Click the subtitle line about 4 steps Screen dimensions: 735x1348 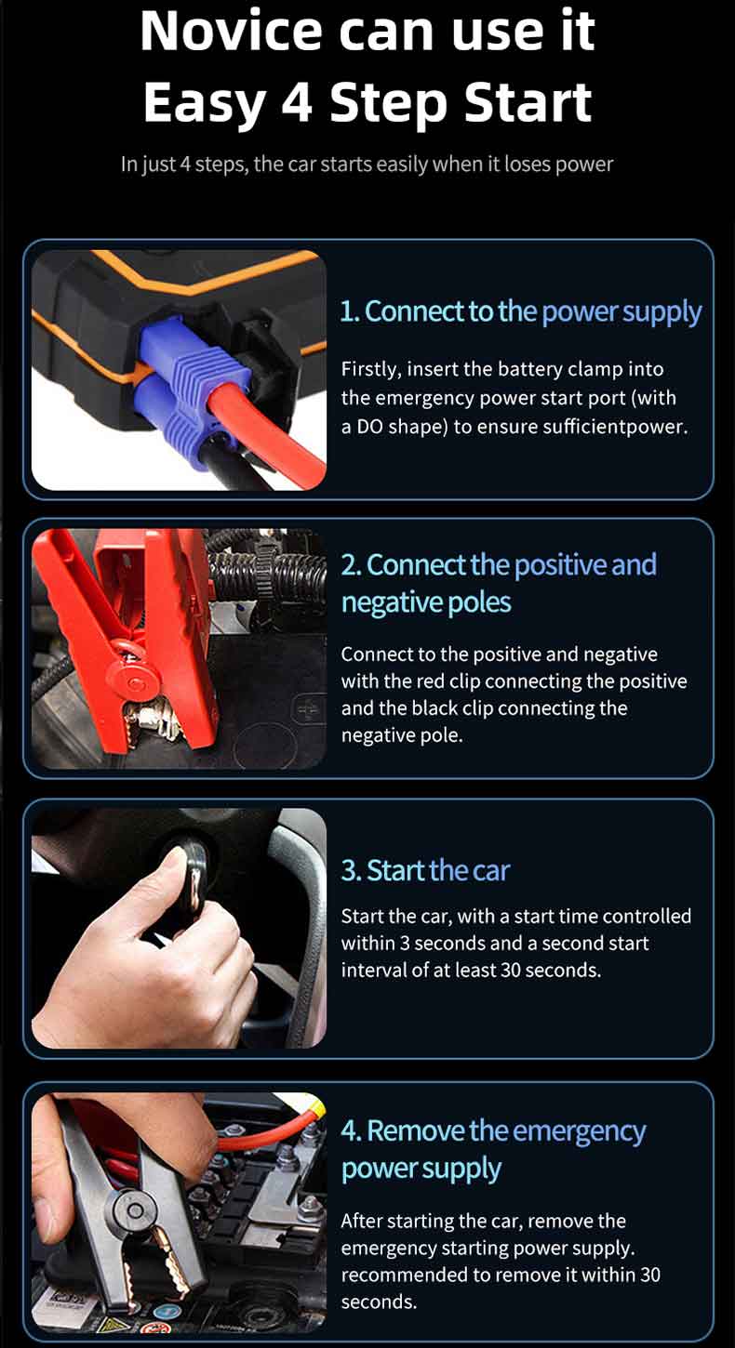tap(367, 164)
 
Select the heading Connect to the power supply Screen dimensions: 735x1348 tap(520, 311)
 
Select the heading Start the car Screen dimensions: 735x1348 tap(425, 870)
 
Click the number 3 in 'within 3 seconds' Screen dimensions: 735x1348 tap(405, 944)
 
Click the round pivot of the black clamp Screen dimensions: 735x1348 tap(135, 1210)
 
